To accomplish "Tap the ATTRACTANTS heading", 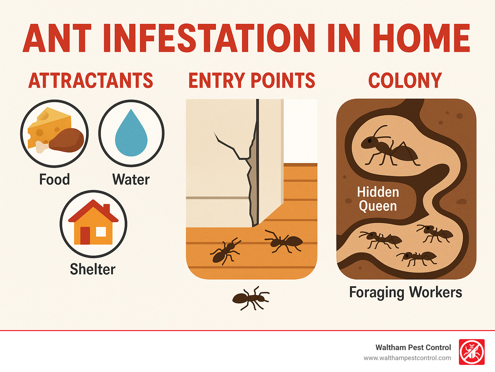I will (x=91, y=81).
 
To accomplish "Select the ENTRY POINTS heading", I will (x=251, y=81).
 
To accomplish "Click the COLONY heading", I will (x=405, y=81).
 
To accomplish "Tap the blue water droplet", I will (x=131, y=134).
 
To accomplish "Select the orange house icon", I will (x=93, y=224).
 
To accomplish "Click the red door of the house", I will (x=85, y=235).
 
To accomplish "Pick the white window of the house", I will (x=101, y=231).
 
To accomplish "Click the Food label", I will (x=54, y=180).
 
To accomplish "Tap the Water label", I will (x=131, y=180).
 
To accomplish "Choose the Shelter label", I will (x=93, y=269).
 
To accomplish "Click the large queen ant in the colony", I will (x=388, y=148).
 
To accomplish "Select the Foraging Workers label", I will (x=406, y=292).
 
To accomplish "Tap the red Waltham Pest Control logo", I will (x=471, y=352).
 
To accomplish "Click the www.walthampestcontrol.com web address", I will (x=407, y=358).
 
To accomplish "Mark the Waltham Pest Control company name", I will (x=413, y=348).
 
